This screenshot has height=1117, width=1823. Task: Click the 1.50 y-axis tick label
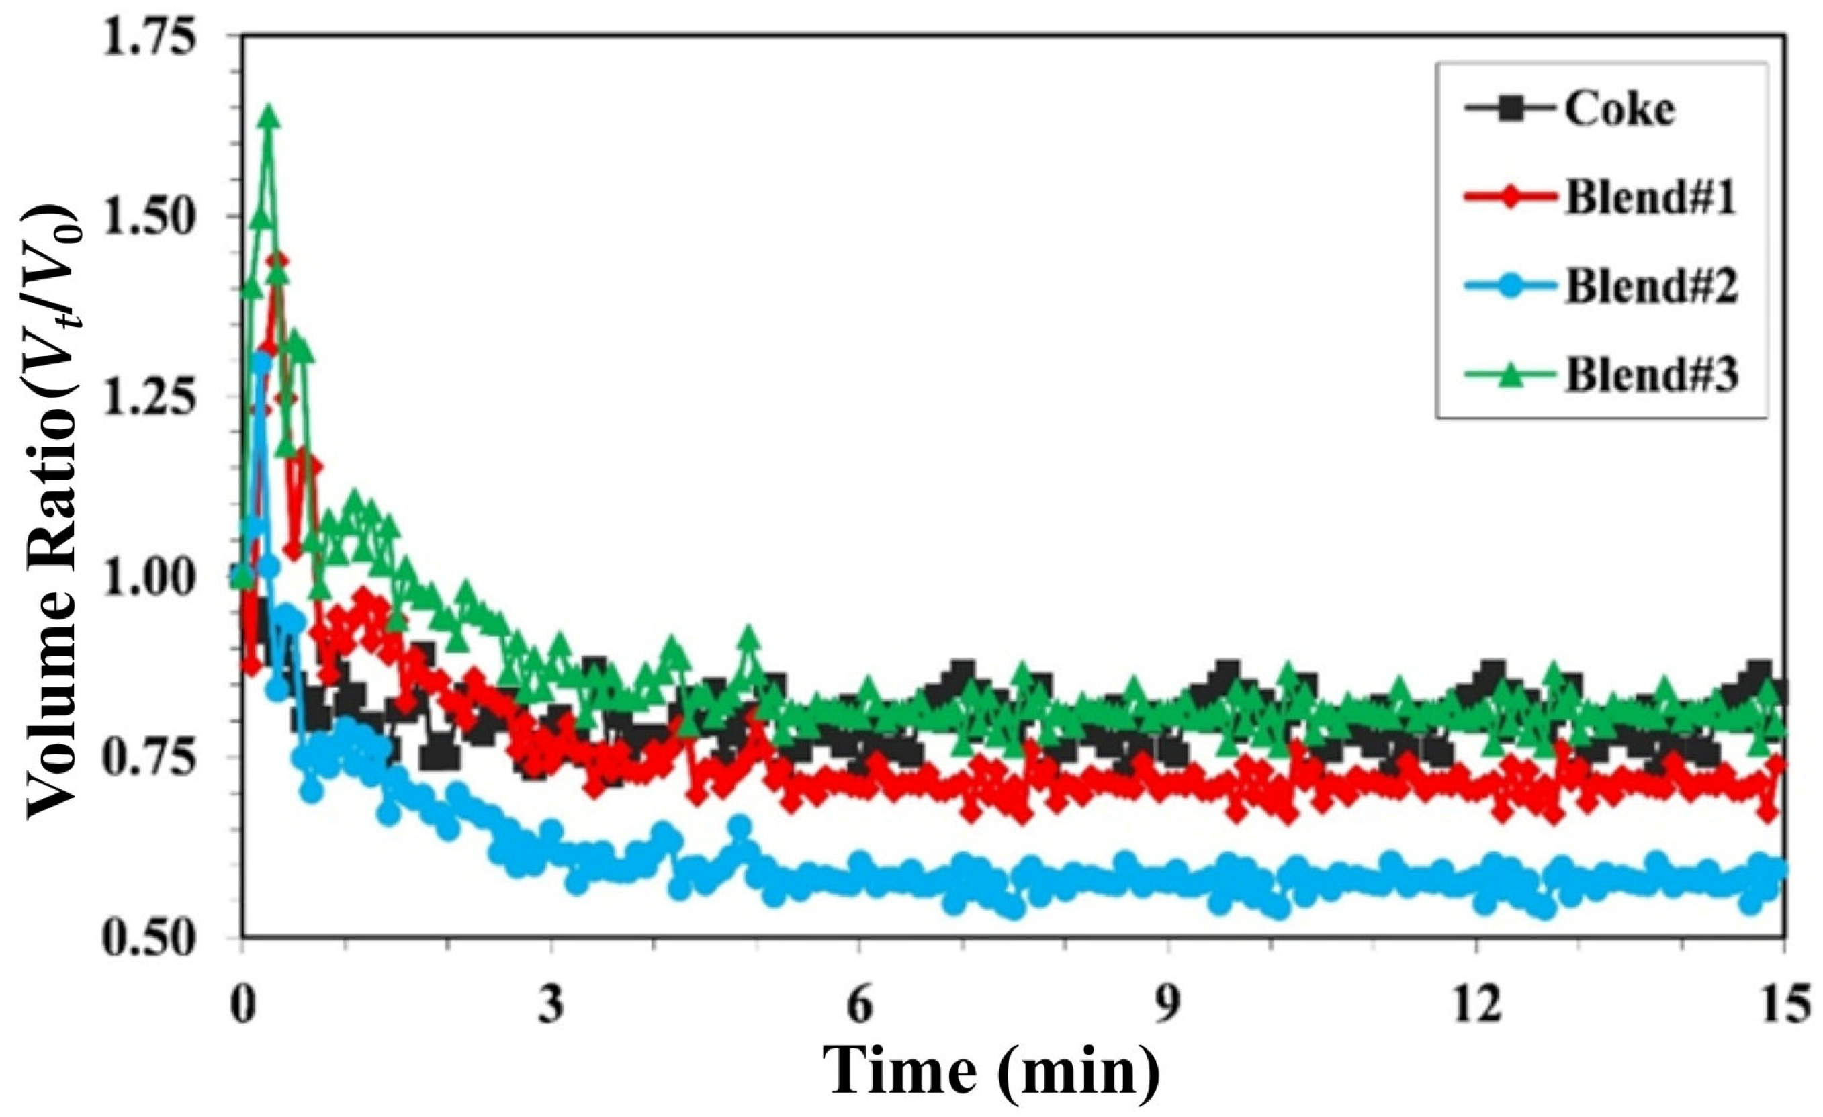(x=146, y=216)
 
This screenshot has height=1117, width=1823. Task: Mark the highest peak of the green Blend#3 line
(x=269, y=116)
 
